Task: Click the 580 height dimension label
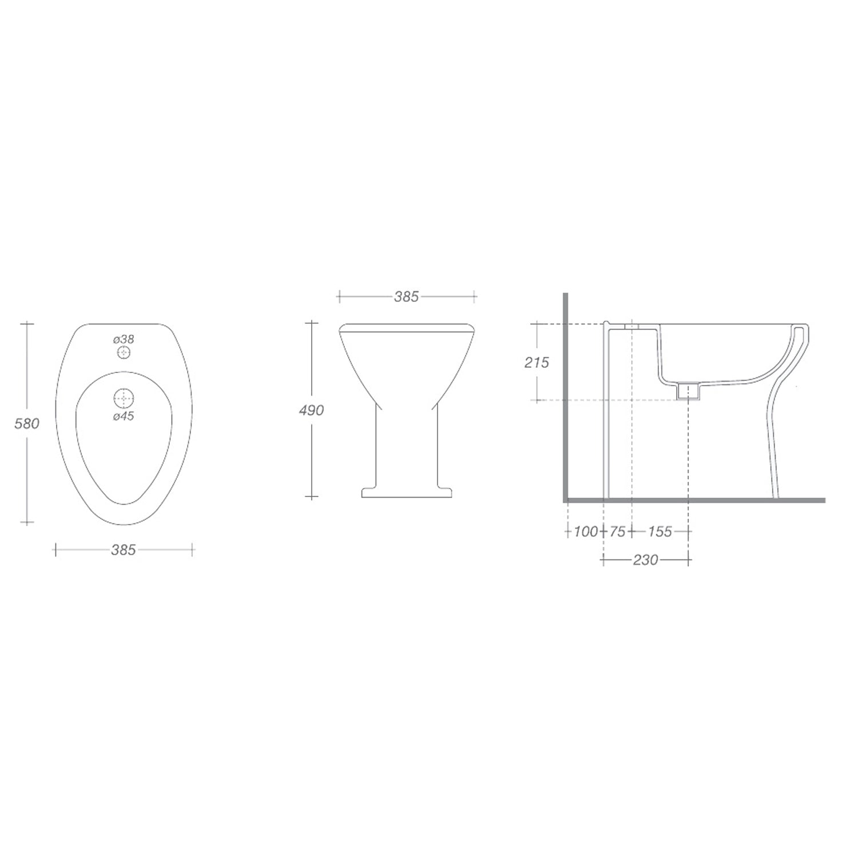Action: click(27, 424)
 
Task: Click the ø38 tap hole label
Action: click(124, 339)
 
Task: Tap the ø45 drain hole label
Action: click(124, 416)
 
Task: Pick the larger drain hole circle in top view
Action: click(124, 398)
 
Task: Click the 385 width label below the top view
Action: click(124, 550)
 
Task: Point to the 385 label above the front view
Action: click(407, 296)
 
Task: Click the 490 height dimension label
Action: click(311, 410)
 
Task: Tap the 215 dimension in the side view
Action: click(537, 362)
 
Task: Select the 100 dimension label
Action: click(585, 531)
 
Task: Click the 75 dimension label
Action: click(617, 531)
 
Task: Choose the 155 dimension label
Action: click(660, 531)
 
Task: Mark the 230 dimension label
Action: click(645, 560)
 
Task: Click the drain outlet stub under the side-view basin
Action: click(688, 391)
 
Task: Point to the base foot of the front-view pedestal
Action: click(407, 492)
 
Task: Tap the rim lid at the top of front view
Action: click(407, 328)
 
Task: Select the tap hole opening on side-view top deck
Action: click(631, 327)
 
